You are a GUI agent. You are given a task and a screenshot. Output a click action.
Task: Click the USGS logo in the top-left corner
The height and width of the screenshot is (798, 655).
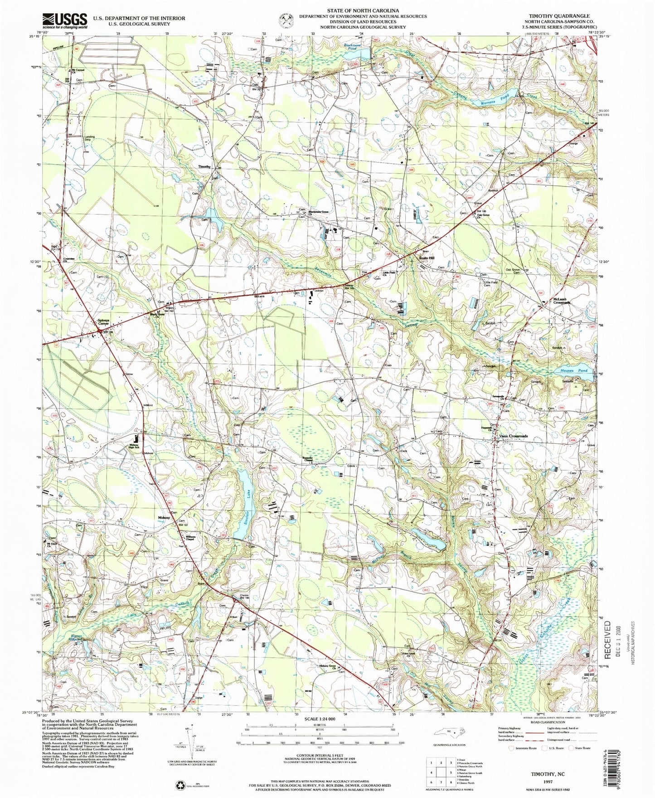point(65,20)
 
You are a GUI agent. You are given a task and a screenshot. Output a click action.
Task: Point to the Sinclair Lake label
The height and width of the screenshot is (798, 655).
point(247,501)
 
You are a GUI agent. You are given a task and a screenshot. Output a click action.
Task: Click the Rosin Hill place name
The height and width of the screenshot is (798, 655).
point(426,258)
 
